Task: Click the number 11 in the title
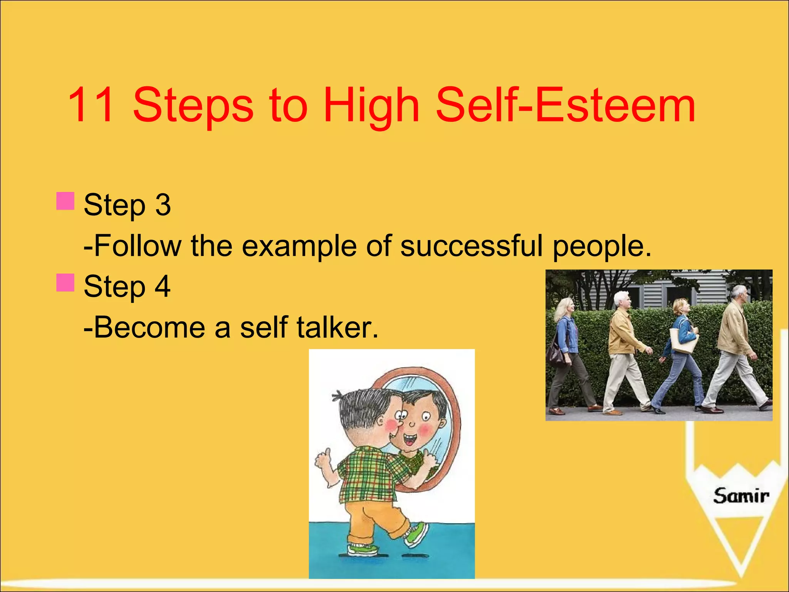coord(91,105)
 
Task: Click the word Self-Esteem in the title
coord(565,105)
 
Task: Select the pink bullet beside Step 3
coord(65,201)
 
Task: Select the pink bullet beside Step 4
coord(65,283)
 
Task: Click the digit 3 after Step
coord(163,205)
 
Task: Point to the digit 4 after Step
coord(163,286)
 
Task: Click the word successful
coord(472,246)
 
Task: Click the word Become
coord(149,327)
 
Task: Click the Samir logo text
coord(740,496)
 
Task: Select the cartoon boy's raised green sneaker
coord(417,535)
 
